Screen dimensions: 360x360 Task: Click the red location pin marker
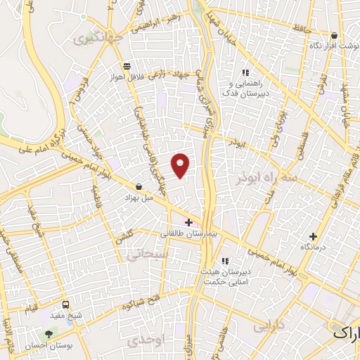(x=181, y=165)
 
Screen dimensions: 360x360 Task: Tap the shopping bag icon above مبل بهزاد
(x=139, y=187)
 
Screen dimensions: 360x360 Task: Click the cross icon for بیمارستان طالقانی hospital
(x=188, y=223)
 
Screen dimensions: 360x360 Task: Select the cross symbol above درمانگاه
(x=314, y=237)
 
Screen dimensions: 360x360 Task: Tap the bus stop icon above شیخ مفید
(x=65, y=305)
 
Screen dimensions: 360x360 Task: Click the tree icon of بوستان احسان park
(x=49, y=335)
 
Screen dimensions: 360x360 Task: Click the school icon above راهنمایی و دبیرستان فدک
(x=245, y=72)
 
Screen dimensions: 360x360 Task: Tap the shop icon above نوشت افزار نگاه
(x=334, y=35)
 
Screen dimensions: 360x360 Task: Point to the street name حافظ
(x=293, y=30)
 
